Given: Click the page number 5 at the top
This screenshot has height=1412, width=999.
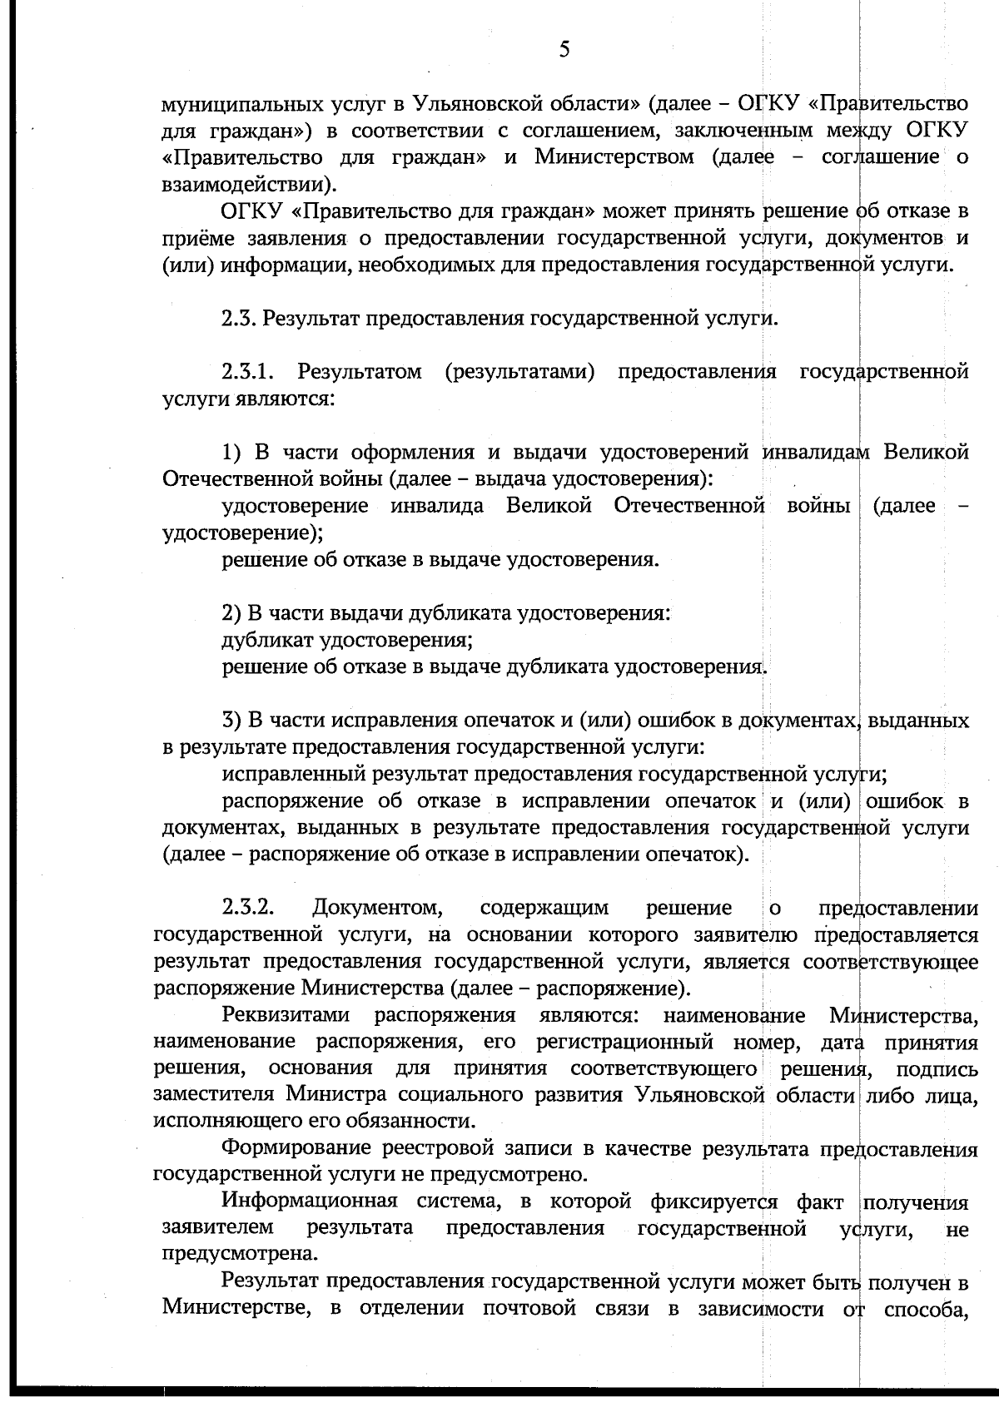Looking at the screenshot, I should [564, 50].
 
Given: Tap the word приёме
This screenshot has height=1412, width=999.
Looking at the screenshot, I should [196, 238].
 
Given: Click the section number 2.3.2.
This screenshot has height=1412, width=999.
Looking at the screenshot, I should [249, 907].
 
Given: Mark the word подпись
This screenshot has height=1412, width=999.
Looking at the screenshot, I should [937, 1069].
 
